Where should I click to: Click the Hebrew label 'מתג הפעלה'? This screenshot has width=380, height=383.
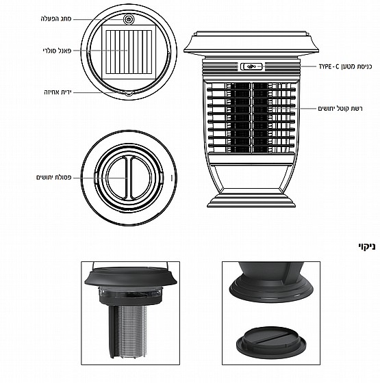tap(56, 19)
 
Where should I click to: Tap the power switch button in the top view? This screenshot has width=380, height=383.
tap(129, 19)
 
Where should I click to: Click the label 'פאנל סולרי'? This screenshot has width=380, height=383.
tap(57, 51)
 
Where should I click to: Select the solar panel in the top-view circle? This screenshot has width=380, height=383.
tap(128, 52)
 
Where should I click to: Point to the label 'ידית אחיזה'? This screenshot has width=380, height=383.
tap(58, 92)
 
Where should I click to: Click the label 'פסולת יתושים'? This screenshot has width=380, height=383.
tap(54, 177)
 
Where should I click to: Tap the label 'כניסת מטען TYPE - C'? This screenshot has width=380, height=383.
tap(345, 66)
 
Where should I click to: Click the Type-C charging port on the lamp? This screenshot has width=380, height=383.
tap(251, 66)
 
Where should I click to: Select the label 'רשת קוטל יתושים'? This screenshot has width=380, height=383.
tap(340, 109)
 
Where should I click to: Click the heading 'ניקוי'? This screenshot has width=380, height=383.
tap(367, 246)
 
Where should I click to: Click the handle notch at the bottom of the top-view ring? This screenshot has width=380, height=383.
tap(128, 92)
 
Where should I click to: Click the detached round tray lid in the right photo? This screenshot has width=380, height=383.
tap(271, 343)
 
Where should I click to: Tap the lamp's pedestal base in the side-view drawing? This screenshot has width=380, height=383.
tap(251, 198)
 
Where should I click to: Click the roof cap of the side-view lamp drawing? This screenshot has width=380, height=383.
tap(251, 42)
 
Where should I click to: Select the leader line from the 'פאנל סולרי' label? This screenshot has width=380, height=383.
tap(101, 51)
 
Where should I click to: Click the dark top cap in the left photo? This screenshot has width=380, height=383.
tap(131, 276)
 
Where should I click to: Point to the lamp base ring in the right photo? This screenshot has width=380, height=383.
tap(271, 289)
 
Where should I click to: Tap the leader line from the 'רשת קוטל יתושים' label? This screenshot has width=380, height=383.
tap(294, 109)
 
